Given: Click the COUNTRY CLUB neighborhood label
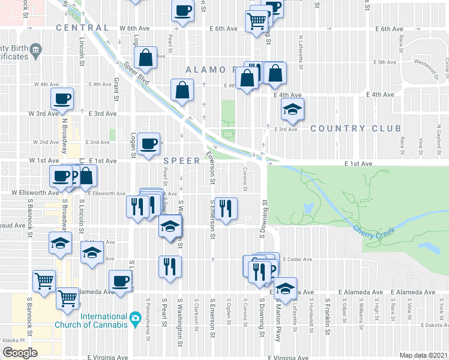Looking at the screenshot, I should click(355, 128).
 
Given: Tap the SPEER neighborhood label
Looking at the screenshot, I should click(181, 161).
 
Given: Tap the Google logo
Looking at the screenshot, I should click(20, 353).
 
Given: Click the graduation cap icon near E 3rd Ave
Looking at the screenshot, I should click(292, 109).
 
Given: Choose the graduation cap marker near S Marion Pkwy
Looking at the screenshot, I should click(286, 287).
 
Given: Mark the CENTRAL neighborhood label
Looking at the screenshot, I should click(82, 28).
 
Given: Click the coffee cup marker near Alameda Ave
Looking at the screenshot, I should click(119, 280).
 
